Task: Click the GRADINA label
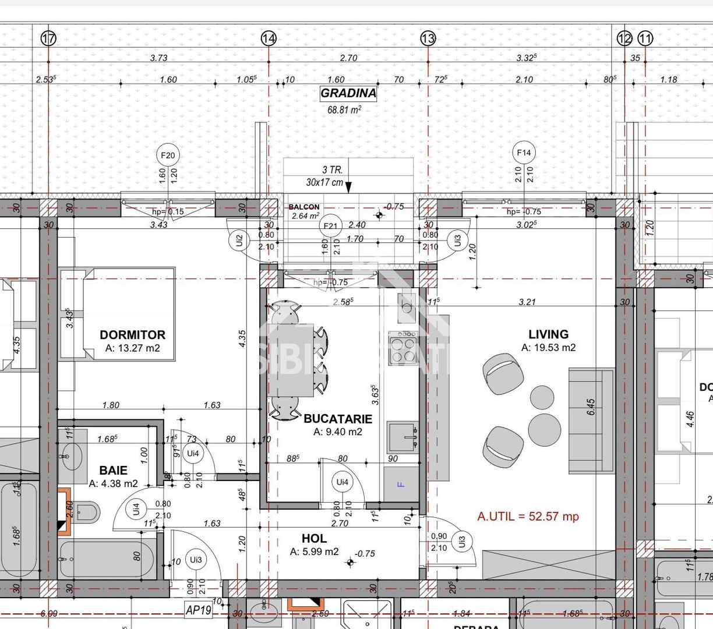pyautogui.click(x=348, y=93)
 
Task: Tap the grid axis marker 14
pyautogui.click(x=269, y=38)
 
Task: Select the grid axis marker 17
pyautogui.click(x=49, y=38)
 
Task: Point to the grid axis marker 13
pyautogui.click(x=428, y=38)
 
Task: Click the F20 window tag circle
pyautogui.click(x=168, y=156)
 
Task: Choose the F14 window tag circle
pyautogui.click(x=524, y=153)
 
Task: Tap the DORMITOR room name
pyautogui.click(x=132, y=335)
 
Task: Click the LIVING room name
pyautogui.click(x=548, y=334)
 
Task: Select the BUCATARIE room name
pyautogui.click(x=337, y=418)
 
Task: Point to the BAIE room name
pyautogui.click(x=113, y=470)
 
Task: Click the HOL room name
pyautogui.click(x=314, y=539)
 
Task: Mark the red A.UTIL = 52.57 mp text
pyautogui.click(x=528, y=516)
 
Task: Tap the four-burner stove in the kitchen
pyautogui.click(x=403, y=348)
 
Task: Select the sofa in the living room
pyautogui.click(x=591, y=420)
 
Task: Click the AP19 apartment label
pyautogui.click(x=198, y=610)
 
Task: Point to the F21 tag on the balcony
pyautogui.click(x=330, y=227)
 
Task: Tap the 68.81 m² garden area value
pyautogui.click(x=344, y=109)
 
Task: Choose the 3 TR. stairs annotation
pyautogui.click(x=332, y=171)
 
